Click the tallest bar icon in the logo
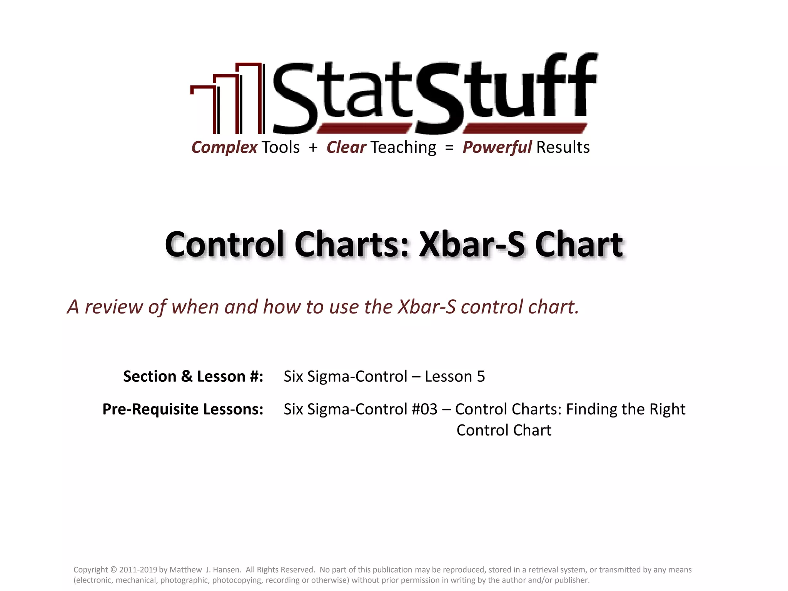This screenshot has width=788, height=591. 249,98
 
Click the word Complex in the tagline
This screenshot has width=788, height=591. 224,147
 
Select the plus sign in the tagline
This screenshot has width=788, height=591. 313,147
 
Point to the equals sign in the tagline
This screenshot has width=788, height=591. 449,147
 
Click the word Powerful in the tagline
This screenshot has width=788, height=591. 497,147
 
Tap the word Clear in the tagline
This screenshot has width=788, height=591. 346,147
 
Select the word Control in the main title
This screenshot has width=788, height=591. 225,245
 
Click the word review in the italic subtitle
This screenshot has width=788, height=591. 114,307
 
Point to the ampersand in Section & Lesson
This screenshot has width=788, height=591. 187,376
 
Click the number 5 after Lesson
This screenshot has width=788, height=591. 481,376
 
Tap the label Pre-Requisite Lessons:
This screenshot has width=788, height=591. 183,409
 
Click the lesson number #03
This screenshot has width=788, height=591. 424,409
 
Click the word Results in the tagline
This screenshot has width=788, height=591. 563,147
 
